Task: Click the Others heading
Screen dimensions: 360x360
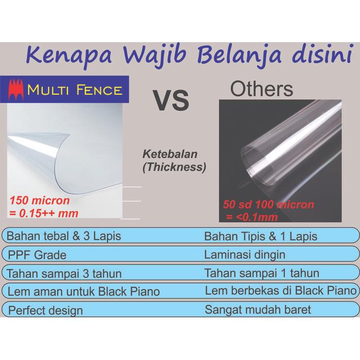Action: pyautogui.click(x=261, y=88)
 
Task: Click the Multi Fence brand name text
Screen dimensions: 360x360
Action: pyautogui.click(x=75, y=91)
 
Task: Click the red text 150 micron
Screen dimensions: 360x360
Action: pyautogui.click(x=39, y=200)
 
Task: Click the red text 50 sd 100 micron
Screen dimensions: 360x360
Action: pyautogui.click(x=268, y=204)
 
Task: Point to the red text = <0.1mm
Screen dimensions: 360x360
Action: pyautogui.click(x=252, y=217)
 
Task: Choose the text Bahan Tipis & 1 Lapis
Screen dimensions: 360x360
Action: pyautogui.click(x=261, y=237)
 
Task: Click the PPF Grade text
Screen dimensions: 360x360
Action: pyautogui.click(x=37, y=255)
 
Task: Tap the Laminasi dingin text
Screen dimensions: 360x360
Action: pyautogui.click(x=245, y=255)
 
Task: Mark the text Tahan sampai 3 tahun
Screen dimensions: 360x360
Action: pyautogui.click(x=64, y=273)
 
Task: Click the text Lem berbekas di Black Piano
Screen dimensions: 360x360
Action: pyautogui.click(x=280, y=291)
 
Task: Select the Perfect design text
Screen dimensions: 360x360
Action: pyautogui.click(x=45, y=310)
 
